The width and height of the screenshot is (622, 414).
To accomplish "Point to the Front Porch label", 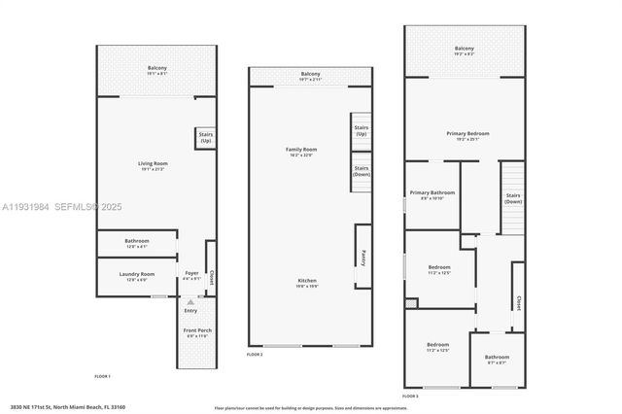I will tap(197, 330).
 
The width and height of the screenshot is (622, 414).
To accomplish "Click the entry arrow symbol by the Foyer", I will tap(190, 301).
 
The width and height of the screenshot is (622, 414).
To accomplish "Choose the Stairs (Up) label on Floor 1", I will tap(206, 138).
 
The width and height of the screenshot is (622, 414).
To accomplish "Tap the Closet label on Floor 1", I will tap(212, 278).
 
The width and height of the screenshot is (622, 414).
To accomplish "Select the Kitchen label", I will tap(307, 281).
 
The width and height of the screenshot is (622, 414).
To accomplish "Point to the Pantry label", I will tap(363, 257).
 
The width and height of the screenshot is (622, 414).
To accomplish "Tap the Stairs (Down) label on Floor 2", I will tap(362, 171).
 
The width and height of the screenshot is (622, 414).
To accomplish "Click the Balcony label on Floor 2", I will tap(310, 74).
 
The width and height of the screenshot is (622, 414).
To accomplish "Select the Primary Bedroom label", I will tap(467, 133).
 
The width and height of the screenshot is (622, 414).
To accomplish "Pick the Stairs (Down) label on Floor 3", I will tap(513, 197).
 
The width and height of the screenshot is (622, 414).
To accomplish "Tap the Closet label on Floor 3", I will tap(518, 302).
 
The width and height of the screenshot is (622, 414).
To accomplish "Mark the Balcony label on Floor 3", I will tap(465, 48).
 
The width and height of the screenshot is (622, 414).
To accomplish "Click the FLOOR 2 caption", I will tap(255, 356).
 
